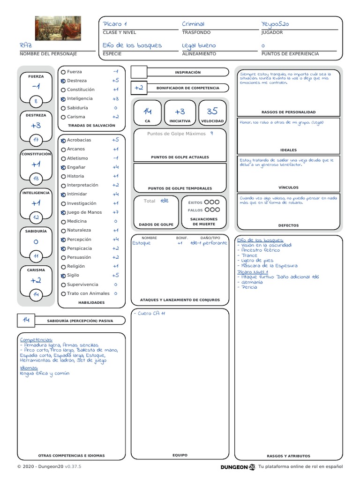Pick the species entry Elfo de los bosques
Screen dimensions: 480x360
[132, 45]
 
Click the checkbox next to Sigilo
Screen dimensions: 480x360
[63, 276]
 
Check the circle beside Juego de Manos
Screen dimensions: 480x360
[63, 212]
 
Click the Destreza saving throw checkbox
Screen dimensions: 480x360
[63, 81]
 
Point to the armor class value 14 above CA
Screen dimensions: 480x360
[148, 111]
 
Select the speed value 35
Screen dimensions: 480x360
[212, 111]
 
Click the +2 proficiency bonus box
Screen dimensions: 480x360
[139, 88]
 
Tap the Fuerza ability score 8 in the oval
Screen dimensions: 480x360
[36, 100]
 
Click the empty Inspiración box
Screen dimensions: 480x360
[139, 72]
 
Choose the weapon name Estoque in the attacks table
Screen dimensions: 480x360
[142, 243]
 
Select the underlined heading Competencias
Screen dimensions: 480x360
[37, 339]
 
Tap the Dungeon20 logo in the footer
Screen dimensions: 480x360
[238, 467]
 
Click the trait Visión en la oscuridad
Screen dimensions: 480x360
[266, 245]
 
